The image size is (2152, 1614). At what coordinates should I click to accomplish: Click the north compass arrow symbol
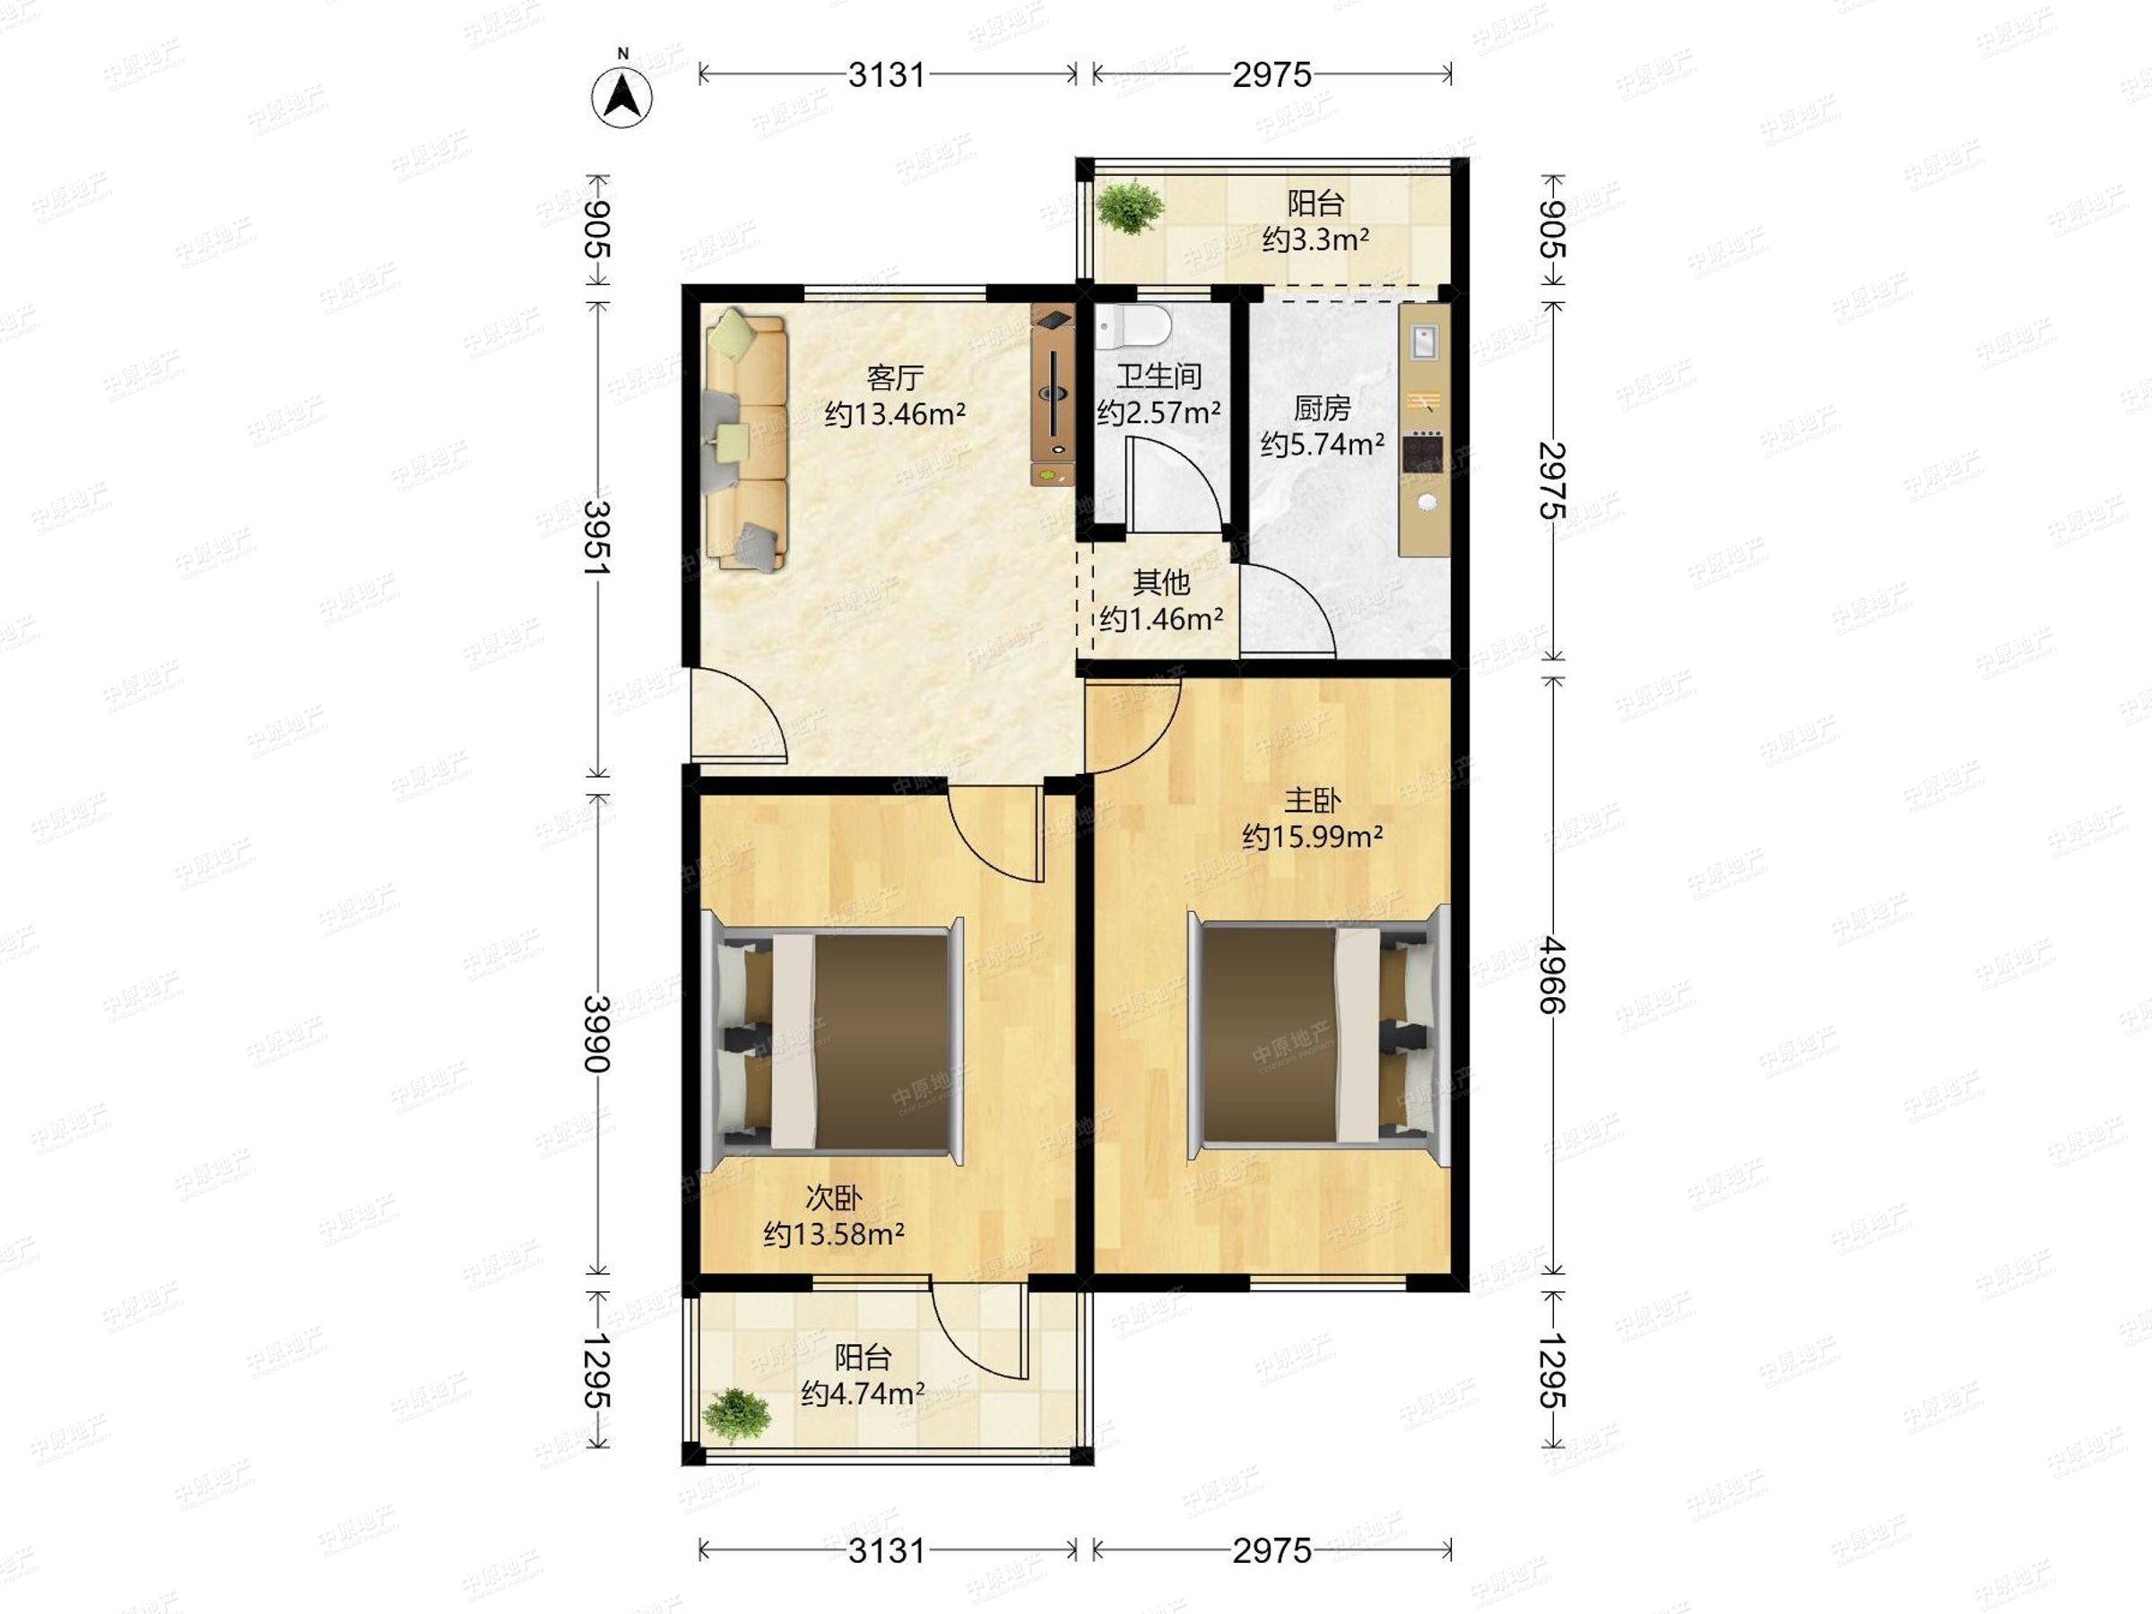[622, 97]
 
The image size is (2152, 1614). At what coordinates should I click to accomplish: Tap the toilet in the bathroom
[1132, 327]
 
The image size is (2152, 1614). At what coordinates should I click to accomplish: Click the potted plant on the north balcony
[1130, 207]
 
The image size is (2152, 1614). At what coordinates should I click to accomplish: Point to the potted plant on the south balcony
[736, 1416]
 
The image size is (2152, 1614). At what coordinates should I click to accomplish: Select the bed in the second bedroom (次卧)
[833, 1040]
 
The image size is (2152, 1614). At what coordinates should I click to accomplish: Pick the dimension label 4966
[1552, 976]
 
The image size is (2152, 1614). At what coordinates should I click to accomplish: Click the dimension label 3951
[597, 538]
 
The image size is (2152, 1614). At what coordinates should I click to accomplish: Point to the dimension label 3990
[597, 1034]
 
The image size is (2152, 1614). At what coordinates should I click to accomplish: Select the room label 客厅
[895, 377]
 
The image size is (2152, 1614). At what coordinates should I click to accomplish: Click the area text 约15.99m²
[1314, 837]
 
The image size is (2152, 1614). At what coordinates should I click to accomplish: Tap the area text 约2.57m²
[1158, 412]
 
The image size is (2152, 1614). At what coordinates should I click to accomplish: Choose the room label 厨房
[1323, 408]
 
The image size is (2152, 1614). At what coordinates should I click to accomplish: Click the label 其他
[1161, 582]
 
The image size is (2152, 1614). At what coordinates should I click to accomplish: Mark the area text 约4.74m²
[863, 1394]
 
